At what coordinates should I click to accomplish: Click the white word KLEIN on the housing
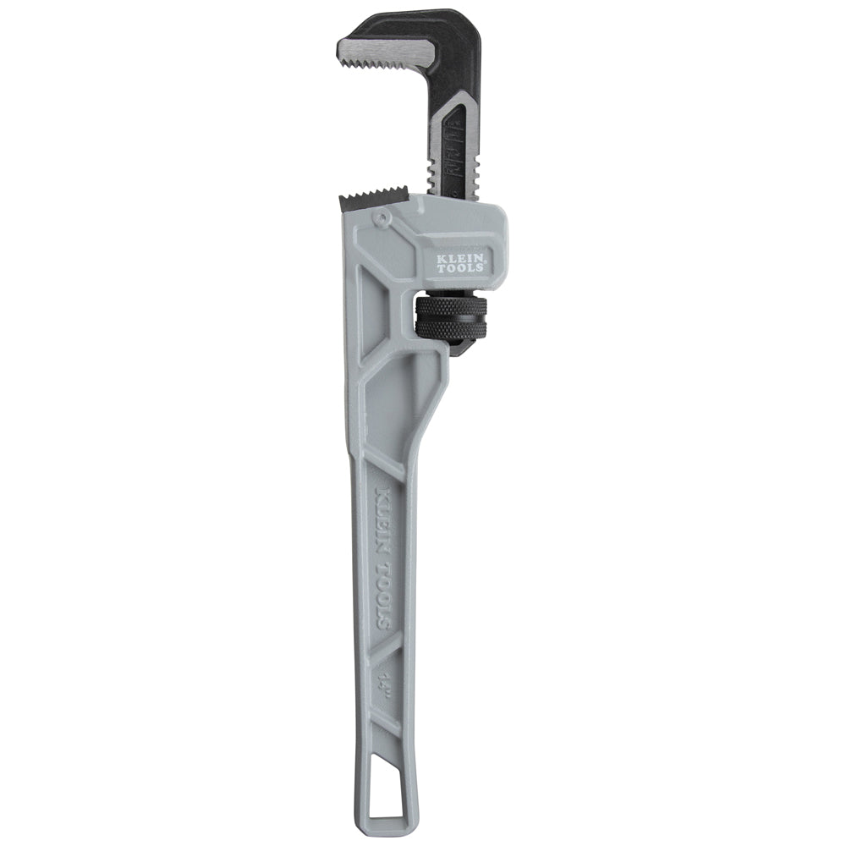click(461, 254)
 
